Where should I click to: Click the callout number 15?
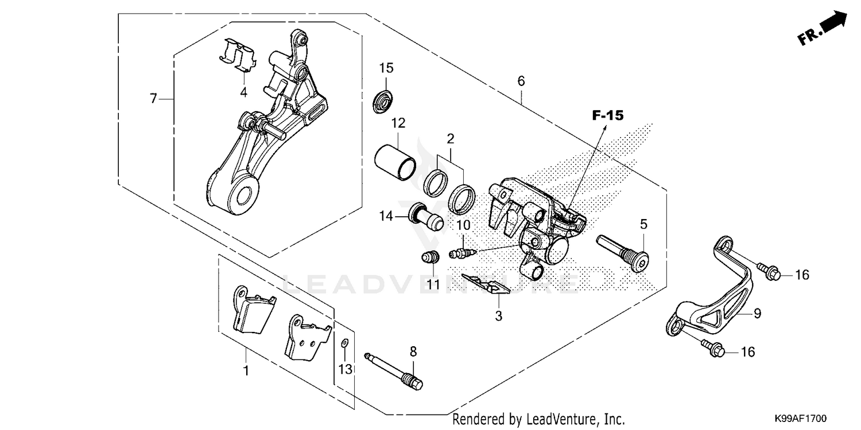[386, 68]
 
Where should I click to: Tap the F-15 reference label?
[607, 116]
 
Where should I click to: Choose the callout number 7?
[153, 99]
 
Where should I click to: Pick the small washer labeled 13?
[344, 343]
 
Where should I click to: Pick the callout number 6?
[521, 81]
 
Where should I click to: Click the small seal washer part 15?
[381, 101]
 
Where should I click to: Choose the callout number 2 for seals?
[451, 138]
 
